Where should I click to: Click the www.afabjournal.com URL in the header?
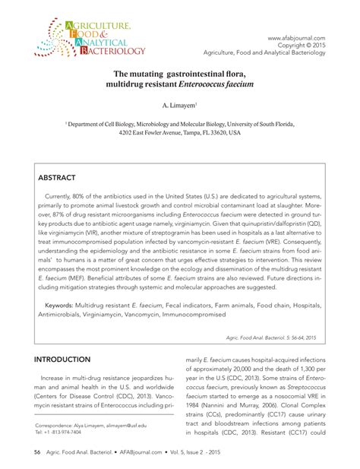[297, 37]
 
